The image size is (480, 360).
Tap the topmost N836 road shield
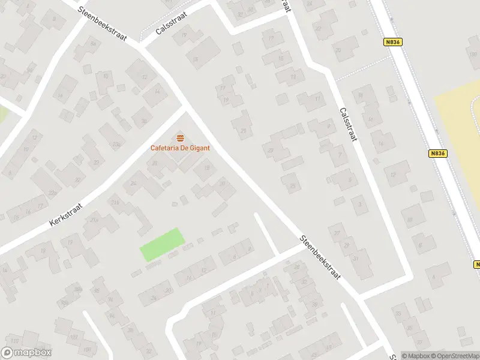pos(392,42)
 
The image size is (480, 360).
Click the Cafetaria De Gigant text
pos(180,148)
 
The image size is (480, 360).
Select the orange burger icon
pos(180,138)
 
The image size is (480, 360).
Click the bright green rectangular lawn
pos(161,244)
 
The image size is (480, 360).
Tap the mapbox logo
pos(26,353)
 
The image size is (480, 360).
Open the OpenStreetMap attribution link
pos(457,355)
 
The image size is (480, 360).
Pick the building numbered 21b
pos(115,203)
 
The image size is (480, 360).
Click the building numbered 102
pos(74,338)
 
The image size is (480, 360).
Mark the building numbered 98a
pos(79,289)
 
